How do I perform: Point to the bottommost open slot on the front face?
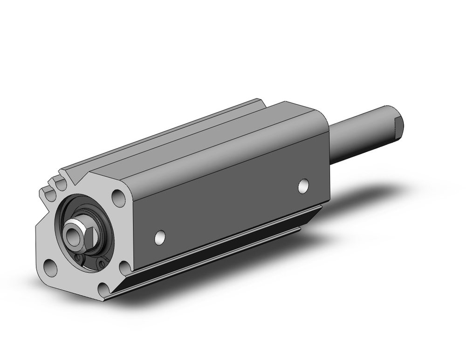tap(103, 290)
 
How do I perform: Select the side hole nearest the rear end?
tap(303, 185)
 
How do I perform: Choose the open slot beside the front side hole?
tap(125, 268)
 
